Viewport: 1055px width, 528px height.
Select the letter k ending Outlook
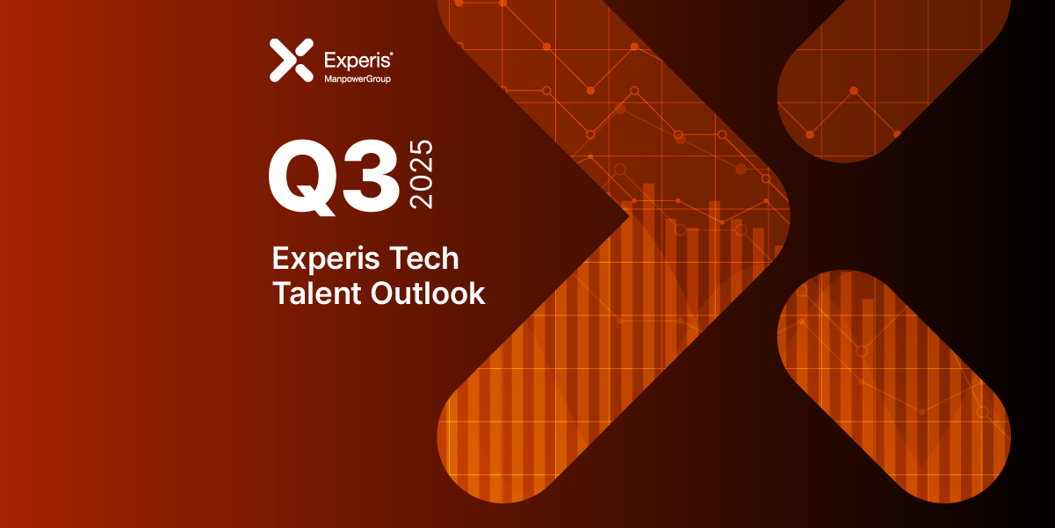tap(476, 293)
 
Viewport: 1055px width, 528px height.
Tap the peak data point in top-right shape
tap(853, 90)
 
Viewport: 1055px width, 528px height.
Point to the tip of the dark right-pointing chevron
tap(628, 213)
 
